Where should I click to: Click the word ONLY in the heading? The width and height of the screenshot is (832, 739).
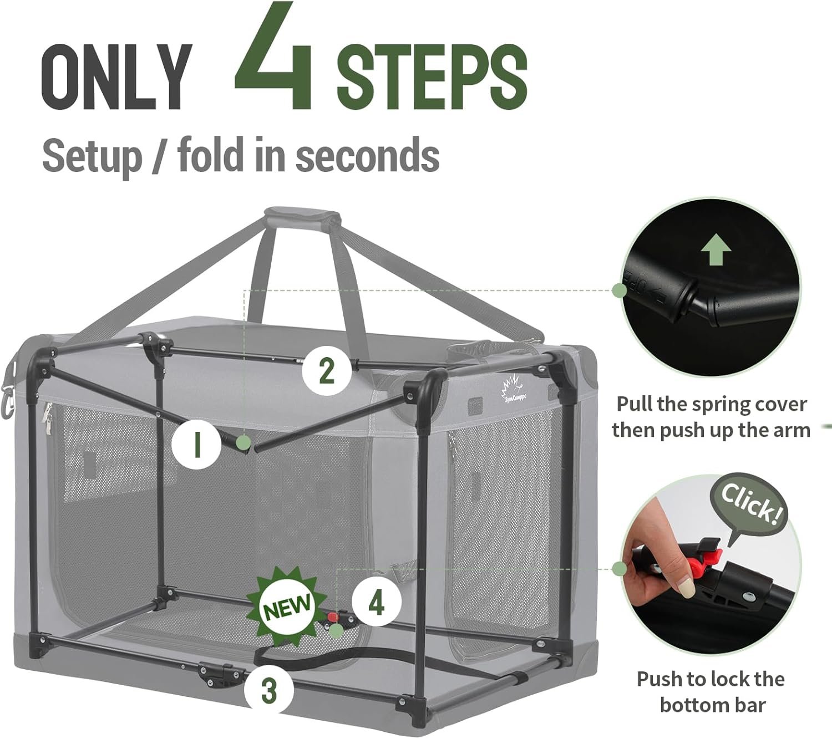click(x=117, y=77)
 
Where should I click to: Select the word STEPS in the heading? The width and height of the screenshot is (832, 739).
click(x=432, y=77)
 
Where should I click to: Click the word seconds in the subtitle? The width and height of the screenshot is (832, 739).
click(x=368, y=155)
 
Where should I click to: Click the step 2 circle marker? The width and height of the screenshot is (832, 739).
click(x=327, y=371)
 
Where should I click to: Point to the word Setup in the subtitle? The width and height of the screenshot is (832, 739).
click(x=93, y=157)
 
